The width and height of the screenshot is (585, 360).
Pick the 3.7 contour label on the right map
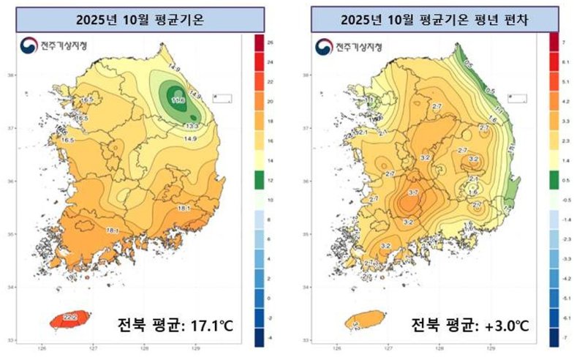pyautogui.click(x=412, y=192)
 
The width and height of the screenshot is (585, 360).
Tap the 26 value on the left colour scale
pyautogui.click(x=271, y=44)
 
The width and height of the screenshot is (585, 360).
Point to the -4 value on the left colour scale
pyautogui.click(x=271, y=337)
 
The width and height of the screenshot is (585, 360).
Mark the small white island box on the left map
pyautogui.click(x=222, y=97)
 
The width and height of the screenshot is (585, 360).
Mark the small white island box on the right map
pyautogui.click(x=518, y=97)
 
